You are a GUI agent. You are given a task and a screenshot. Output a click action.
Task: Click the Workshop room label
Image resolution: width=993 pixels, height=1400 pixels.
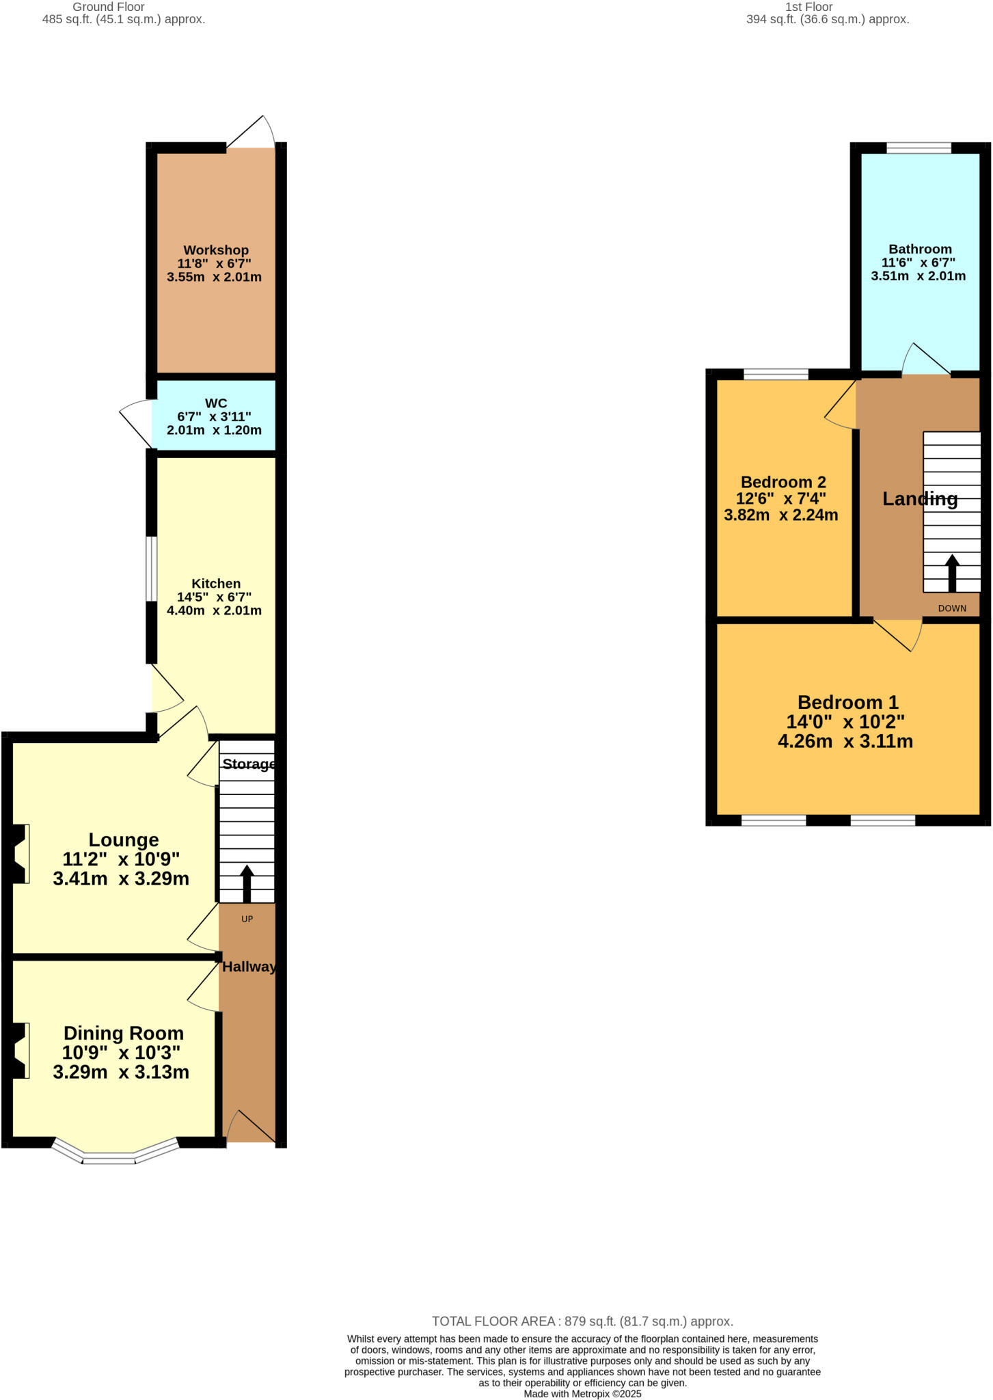click(215, 250)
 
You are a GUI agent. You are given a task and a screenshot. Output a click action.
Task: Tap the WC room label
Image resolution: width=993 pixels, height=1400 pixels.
click(215, 403)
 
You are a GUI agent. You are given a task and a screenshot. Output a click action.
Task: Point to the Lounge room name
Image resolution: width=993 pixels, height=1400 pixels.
click(124, 839)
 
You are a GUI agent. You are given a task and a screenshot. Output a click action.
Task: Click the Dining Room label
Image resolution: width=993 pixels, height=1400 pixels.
click(124, 1033)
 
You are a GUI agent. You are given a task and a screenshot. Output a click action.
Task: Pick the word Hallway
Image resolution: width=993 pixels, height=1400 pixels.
click(249, 967)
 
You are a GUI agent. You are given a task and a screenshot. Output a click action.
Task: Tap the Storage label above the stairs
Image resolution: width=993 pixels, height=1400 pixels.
click(249, 764)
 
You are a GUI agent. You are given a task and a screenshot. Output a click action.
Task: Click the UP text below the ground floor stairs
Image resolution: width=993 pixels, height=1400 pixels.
click(247, 919)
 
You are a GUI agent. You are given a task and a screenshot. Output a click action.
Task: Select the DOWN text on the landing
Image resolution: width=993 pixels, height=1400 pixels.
click(952, 608)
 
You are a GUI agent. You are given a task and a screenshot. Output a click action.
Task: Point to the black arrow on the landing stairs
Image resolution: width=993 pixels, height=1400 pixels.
click(951, 572)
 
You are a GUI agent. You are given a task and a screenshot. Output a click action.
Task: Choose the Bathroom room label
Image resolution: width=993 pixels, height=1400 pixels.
click(920, 249)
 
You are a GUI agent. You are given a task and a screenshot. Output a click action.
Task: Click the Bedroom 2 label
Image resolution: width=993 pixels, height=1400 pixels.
click(783, 482)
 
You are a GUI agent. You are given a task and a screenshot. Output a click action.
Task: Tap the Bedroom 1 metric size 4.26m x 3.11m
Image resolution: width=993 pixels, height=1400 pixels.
click(845, 741)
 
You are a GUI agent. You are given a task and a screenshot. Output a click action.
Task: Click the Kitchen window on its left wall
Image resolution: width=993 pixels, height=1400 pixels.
click(152, 569)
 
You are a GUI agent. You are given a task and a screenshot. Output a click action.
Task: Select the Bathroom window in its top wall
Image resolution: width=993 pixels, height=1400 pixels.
click(919, 148)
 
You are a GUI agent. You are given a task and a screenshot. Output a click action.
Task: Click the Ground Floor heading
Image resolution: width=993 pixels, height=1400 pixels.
click(109, 7)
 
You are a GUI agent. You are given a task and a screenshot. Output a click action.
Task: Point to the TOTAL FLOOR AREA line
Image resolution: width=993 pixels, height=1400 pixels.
click(582, 1321)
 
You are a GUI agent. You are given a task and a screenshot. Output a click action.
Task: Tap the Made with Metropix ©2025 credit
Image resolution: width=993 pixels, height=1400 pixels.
click(582, 1394)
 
